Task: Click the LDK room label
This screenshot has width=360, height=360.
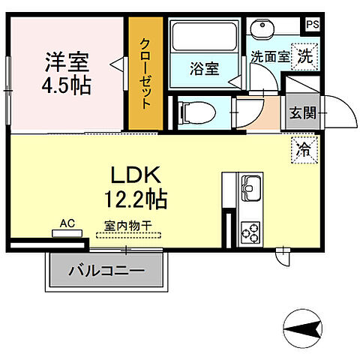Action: (135, 176)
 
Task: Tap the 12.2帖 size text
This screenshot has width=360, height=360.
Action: (135, 199)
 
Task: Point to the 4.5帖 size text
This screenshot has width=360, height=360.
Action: (66, 85)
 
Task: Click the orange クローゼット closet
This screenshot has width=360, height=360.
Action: (145, 72)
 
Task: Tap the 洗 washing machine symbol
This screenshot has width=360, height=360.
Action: (304, 55)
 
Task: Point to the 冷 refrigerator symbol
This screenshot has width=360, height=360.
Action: (304, 149)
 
